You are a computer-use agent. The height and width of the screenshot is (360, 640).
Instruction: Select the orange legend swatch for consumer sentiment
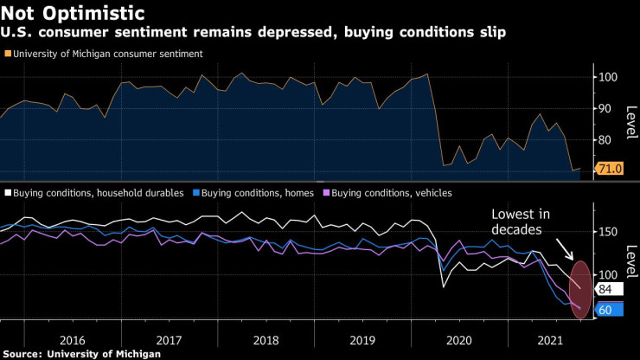pyautogui.click(x=6, y=54)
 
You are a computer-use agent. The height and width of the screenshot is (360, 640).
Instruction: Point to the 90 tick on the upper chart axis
pyautogui.click(x=608, y=108)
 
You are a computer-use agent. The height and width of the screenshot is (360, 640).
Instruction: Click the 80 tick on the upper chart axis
pyautogui.click(x=608, y=139)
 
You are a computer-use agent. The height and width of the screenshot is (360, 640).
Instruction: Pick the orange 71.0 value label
pyautogui.click(x=611, y=168)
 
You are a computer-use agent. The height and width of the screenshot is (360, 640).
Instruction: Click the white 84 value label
pyautogui.click(x=605, y=289)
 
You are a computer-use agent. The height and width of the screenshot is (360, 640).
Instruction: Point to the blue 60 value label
pyautogui.click(x=605, y=308)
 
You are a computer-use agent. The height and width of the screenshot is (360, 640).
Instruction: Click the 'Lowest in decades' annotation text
pyautogui.click(x=521, y=222)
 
